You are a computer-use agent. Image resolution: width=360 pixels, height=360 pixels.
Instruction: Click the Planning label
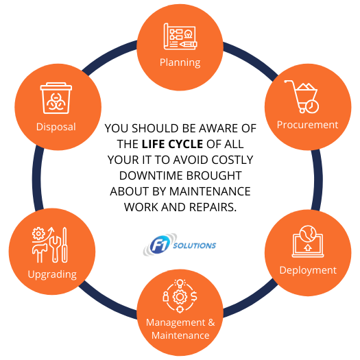[180, 62]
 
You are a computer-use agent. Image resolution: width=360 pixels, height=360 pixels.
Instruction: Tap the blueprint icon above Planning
[180, 36]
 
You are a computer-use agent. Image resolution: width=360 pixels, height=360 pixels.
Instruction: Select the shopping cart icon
[302, 97]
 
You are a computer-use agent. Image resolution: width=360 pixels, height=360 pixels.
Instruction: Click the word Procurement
[307, 125]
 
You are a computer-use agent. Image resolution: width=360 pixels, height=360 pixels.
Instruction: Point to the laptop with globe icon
[308, 241]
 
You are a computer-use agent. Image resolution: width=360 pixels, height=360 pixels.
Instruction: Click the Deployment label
[308, 270]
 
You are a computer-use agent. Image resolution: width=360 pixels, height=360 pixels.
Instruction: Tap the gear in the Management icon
[180, 297]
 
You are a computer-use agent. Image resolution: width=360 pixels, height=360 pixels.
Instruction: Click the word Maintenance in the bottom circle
[180, 335]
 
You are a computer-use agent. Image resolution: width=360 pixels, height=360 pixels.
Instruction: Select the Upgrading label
[52, 274]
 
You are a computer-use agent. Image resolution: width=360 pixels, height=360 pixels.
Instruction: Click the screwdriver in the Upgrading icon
[65, 245]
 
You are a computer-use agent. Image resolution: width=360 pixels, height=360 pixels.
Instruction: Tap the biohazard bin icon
[56, 98]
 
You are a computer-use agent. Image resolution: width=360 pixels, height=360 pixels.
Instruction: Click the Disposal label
[56, 127]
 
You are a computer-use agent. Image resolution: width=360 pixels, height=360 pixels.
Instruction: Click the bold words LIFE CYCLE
[172, 144]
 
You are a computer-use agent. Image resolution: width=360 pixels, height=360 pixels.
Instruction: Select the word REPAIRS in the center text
[213, 207]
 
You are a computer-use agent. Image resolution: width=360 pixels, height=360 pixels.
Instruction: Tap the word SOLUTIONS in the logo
[195, 245]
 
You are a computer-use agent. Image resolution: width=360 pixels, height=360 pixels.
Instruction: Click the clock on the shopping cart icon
[312, 106]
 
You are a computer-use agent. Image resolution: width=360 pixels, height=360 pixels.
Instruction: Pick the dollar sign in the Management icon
[194, 296]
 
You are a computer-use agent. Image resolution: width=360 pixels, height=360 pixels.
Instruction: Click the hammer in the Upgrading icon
[40, 253]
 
